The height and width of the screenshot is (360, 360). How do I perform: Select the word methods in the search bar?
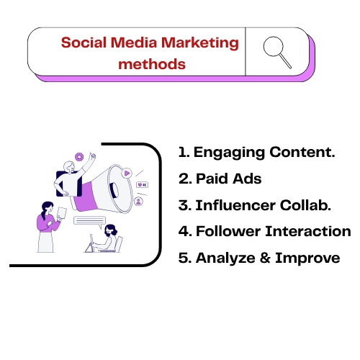coord(151,63)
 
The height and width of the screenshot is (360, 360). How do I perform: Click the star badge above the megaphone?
coord(78,156)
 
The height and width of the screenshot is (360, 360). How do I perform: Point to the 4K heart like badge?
coord(142,185)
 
